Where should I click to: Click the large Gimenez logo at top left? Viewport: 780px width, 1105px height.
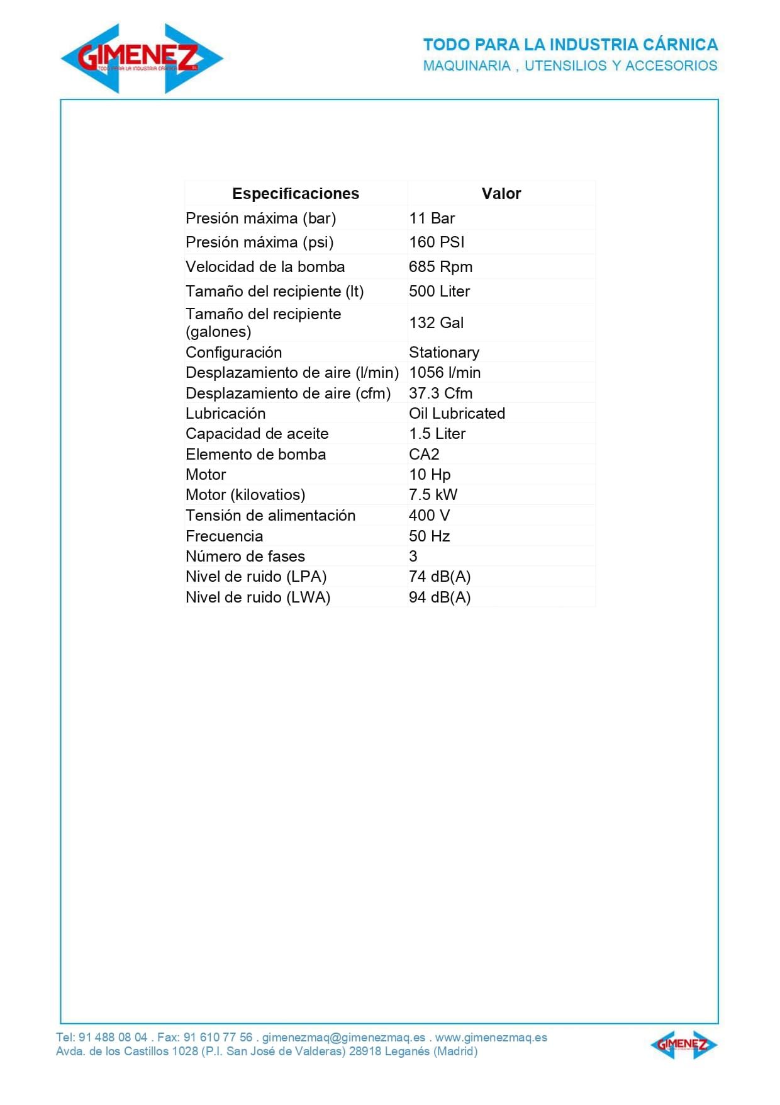click(142, 59)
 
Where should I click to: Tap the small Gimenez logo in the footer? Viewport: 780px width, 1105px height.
click(683, 1045)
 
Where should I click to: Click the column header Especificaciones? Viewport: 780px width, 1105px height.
click(296, 193)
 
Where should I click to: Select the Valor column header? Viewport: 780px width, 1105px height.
click(501, 193)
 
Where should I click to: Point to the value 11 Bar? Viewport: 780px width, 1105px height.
click(432, 218)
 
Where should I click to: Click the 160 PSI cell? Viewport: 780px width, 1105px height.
click(437, 242)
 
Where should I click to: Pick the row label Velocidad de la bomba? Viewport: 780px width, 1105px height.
click(265, 267)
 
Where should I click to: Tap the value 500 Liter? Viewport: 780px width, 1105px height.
click(439, 292)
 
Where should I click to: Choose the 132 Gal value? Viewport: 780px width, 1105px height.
click(436, 323)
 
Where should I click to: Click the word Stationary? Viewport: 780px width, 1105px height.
click(443, 353)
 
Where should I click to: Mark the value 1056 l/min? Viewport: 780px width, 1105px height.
click(444, 373)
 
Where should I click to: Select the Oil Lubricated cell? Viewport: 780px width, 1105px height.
click(457, 414)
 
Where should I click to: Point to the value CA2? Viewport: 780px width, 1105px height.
click(424, 455)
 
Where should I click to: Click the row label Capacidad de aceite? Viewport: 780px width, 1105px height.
click(257, 434)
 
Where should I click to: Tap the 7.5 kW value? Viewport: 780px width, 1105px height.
click(433, 495)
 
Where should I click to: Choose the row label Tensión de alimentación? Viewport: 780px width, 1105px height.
click(270, 516)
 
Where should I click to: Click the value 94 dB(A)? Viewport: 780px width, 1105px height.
click(440, 598)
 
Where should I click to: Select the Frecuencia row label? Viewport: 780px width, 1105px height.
click(224, 536)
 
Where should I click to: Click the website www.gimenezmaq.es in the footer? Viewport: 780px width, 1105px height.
click(491, 1038)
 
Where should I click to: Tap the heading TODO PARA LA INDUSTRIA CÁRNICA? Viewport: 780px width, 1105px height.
click(570, 45)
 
